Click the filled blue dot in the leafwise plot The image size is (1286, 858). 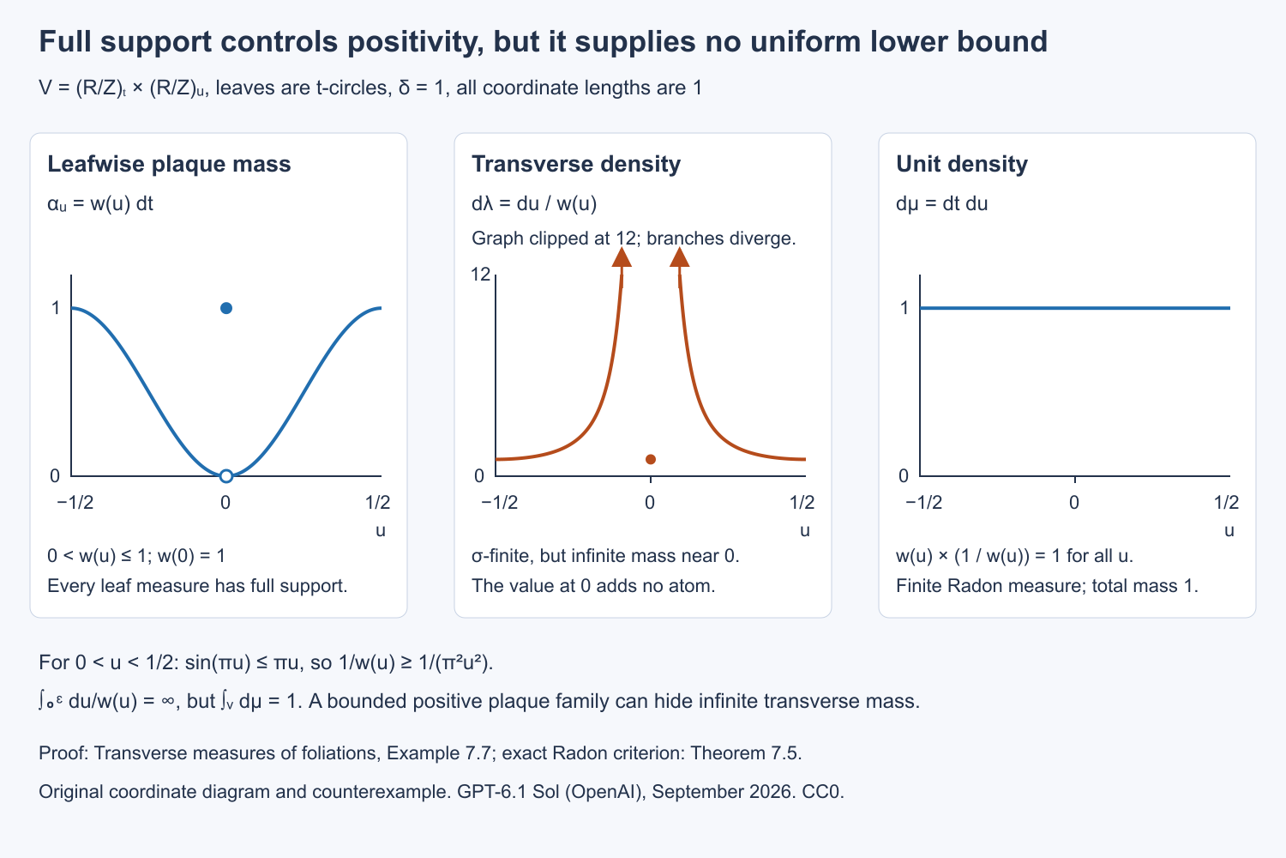pyautogui.click(x=226, y=308)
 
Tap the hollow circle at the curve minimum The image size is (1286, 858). pyautogui.click(x=226, y=476)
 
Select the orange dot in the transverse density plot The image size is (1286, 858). pyautogui.click(x=651, y=459)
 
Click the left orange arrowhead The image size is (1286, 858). pyautogui.click(x=622, y=257)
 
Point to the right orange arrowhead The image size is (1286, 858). pyautogui.click(x=680, y=257)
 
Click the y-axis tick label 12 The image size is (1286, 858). pyautogui.click(x=480, y=275)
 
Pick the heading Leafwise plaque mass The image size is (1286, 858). pyautogui.click(x=170, y=165)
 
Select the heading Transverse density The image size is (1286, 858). pyautogui.click(x=576, y=165)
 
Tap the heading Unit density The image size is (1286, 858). pyautogui.click(x=962, y=165)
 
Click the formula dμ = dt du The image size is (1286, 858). pyautogui.click(x=941, y=204)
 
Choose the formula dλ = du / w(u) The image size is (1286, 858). pyautogui.click(x=534, y=204)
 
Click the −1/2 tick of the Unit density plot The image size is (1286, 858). pyautogui.click(x=923, y=503)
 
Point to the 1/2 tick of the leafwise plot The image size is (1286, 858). pyautogui.click(x=377, y=503)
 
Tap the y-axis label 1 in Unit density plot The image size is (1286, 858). pyautogui.click(x=904, y=308)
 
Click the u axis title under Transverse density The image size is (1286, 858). pyautogui.click(x=805, y=530)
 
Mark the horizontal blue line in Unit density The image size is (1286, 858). pyautogui.click(x=1075, y=308)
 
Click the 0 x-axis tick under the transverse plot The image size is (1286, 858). pyautogui.click(x=650, y=503)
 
